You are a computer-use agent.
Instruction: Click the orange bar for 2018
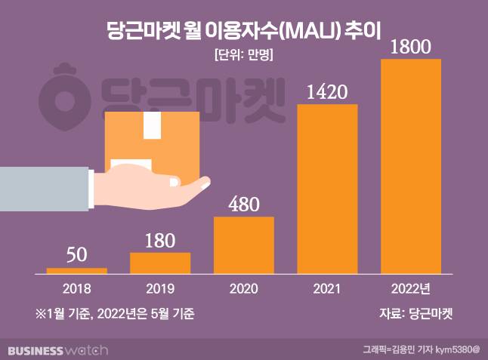76,269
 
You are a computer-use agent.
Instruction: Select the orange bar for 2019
160,262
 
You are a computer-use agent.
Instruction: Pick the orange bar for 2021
327,188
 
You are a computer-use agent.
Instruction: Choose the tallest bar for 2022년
411,165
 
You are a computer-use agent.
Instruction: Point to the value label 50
76,254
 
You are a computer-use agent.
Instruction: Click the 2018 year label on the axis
76,288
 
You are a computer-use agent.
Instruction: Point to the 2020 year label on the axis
244,288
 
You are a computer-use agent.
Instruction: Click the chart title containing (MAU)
243,30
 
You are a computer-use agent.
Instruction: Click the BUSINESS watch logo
57,349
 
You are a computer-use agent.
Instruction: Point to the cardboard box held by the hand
152,140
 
